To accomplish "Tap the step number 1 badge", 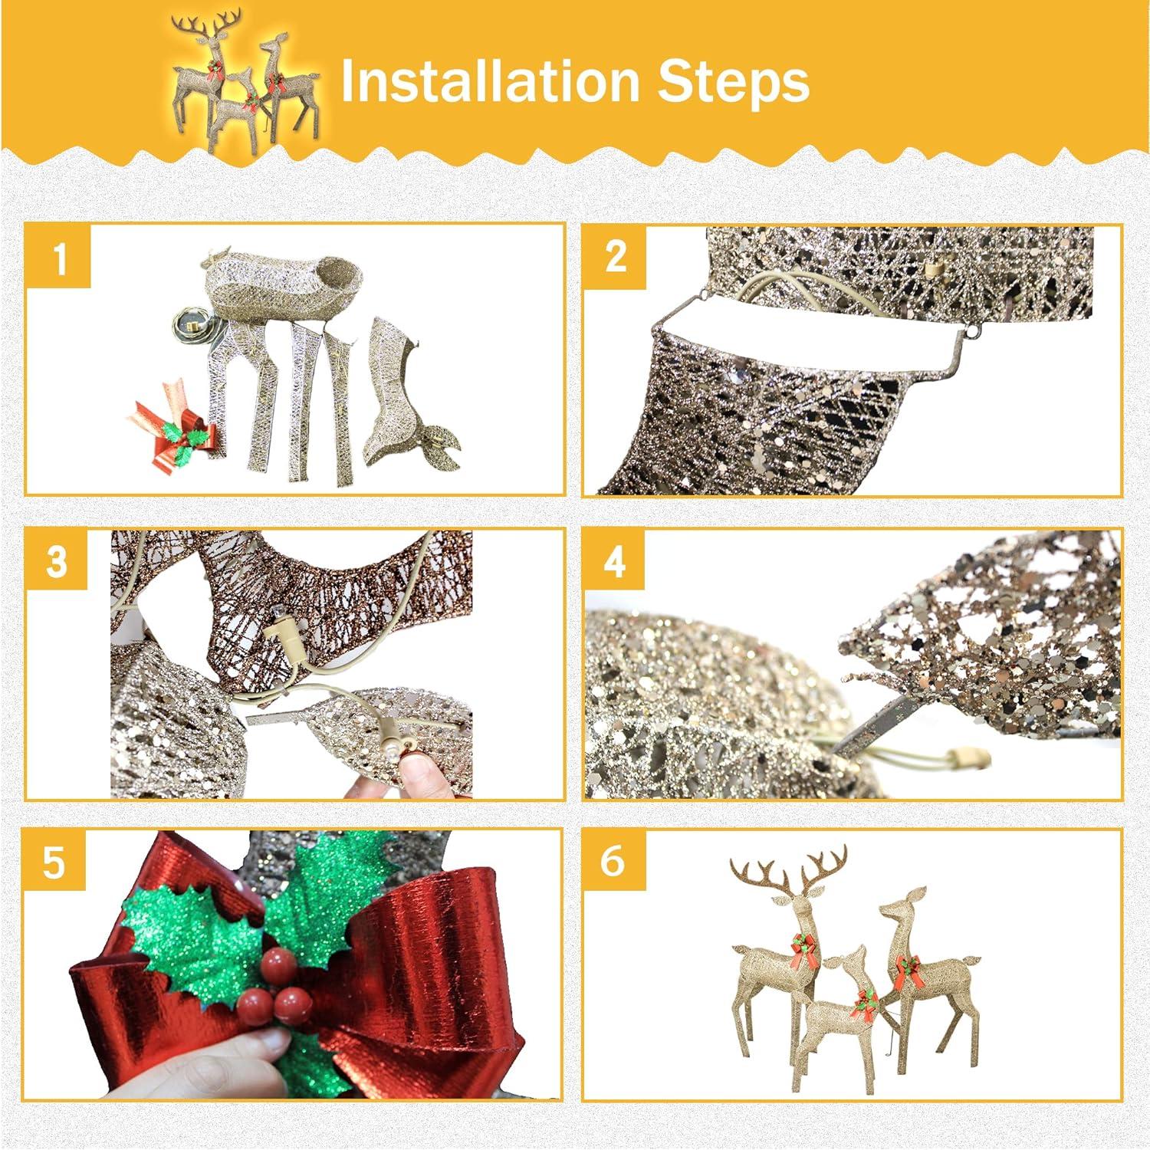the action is (x=59, y=256).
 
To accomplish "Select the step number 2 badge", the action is (x=616, y=256).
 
